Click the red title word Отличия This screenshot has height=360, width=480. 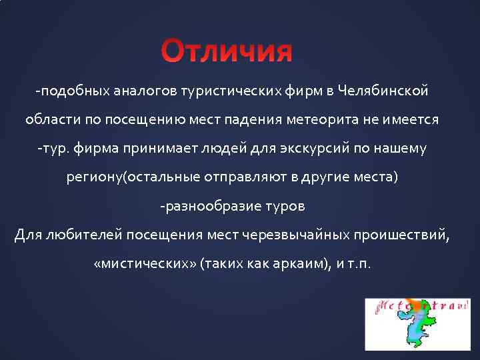[x=227, y=51]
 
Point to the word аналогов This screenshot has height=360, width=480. [x=126, y=90]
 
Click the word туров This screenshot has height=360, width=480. [x=286, y=206]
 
